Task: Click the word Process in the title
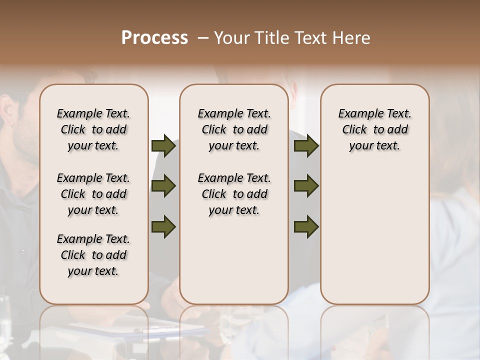click(154, 38)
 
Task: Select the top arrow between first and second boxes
click(163, 146)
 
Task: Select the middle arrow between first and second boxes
click(163, 186)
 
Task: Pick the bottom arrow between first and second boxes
click(163, 226)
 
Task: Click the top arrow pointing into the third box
click(306, 146)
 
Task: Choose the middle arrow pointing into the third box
click(306, 186)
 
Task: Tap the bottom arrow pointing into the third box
click(306, 226)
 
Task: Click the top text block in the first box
click(93, 129)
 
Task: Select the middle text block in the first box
click(93, 194)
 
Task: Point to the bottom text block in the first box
click(93, 255)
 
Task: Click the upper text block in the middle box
click(234, 129)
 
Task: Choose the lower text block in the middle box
click(234, 194)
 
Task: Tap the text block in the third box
click(374, 129)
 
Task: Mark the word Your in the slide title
click(230, 38)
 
